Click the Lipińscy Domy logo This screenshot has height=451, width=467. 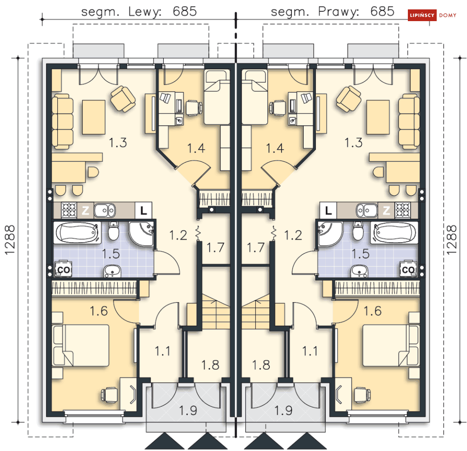432,15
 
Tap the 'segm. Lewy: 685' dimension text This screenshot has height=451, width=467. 139,12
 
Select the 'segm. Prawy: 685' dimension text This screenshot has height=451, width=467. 332,12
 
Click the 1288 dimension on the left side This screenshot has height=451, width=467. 10,240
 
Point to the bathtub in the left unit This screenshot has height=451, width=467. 77,232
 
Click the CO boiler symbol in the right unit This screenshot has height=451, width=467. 408,269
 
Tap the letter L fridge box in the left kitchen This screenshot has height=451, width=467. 144,211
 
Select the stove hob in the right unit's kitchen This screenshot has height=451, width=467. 403,210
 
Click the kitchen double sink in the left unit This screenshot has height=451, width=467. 105,210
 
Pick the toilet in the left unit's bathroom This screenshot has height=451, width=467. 114,230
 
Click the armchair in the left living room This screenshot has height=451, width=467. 123,99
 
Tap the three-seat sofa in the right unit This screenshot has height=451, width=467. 409,121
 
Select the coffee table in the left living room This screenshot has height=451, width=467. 93,117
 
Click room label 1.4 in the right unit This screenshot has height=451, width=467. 275,148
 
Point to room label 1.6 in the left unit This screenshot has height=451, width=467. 99,311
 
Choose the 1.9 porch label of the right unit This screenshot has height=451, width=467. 283,410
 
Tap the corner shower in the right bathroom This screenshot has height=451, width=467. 329,233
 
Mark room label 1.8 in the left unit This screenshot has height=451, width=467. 210,365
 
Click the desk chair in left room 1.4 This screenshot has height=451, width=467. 194,108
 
